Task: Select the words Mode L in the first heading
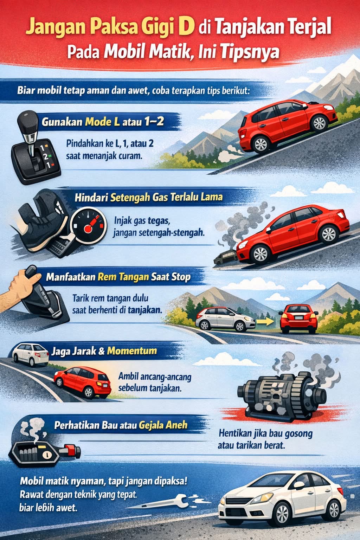tap(102, 122)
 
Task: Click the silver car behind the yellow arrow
tap(225, 319)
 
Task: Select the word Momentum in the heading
tap(131, 351)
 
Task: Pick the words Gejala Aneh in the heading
tap(163, 425)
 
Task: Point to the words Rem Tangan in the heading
tap(123, 277)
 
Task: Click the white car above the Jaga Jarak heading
tap(30, 355)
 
